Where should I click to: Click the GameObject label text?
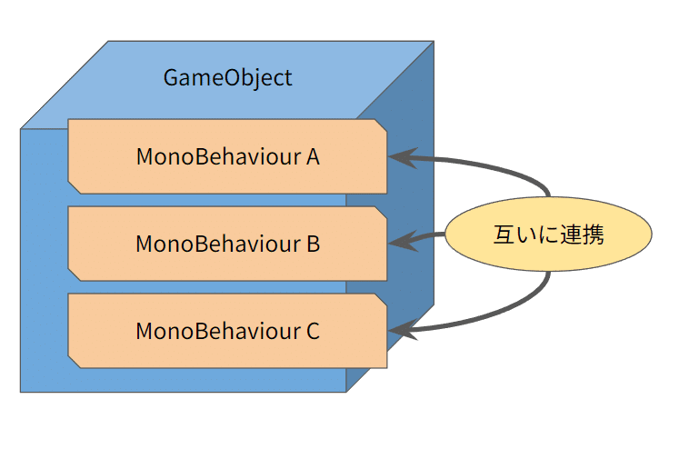[x=227, y=77]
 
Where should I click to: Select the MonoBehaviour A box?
[x=227, y=156]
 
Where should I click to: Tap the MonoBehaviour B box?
[x=227, y=244]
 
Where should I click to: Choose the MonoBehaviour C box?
[x=227, y=331]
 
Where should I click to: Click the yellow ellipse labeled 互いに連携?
[x=548, y=234]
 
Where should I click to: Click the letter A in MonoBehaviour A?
[x=313, y=156]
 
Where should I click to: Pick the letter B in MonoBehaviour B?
[x=313, y=244]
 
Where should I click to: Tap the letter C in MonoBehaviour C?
[x=313, y=331]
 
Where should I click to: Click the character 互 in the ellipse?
[x=504, y=234]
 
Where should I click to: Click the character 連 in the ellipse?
[x=571, y=234]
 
